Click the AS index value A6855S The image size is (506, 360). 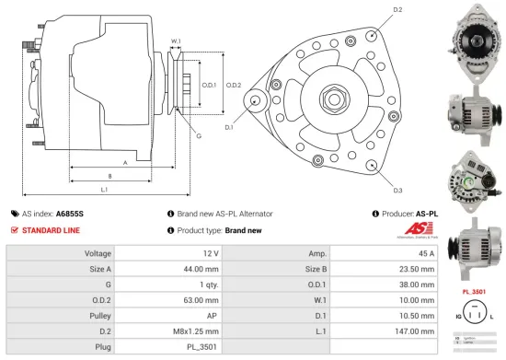[x=70, y=213]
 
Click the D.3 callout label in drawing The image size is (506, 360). [x=397, y=191]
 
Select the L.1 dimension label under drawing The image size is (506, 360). [x=104, y=190]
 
